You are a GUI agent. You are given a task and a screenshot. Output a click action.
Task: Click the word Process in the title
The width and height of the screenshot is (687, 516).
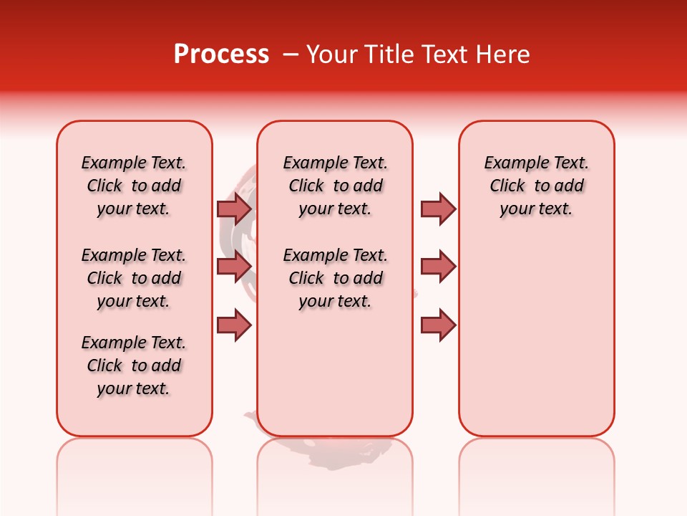point(221,54)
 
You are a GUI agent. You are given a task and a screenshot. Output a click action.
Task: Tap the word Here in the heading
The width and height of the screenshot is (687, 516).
point(502,54)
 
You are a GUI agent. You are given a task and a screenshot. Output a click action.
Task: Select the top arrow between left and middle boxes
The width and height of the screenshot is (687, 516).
point(234,209)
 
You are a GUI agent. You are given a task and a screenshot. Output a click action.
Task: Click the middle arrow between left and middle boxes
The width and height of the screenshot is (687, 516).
point(234,267)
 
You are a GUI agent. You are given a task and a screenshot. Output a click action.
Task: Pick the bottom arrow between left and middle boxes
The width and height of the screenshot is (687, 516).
point(234,325)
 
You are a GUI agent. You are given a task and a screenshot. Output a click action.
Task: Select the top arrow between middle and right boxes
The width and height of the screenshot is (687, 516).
point(438,209)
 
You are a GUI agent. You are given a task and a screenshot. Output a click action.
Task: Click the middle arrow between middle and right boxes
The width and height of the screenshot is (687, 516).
point(438,267)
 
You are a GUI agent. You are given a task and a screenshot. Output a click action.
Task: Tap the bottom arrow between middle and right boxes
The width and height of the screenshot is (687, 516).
point(438,325)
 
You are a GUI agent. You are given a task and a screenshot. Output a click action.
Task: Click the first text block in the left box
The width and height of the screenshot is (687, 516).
point(134,186)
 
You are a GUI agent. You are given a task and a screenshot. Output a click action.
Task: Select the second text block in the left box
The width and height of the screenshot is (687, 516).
point(134,278)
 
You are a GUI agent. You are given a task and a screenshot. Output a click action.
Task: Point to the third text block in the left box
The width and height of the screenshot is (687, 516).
point(134,365)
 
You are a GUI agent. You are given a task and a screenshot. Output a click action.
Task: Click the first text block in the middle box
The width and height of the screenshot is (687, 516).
point(336,186)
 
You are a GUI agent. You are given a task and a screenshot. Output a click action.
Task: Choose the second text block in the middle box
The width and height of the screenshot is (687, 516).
point(336,278)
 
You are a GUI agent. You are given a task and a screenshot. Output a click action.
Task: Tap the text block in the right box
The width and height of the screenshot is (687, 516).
point(537,186)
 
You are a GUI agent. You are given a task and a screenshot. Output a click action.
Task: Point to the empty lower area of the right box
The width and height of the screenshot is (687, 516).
point(537,337)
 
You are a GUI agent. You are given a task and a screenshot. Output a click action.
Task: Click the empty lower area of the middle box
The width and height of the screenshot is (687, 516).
point(336,373)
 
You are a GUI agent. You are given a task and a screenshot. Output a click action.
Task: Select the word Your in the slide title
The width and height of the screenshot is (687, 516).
point(331,54)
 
